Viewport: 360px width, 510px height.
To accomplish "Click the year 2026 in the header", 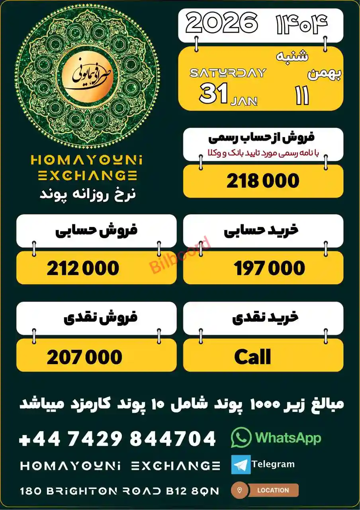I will tap(221, 23).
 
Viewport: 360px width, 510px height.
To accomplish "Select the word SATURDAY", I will tap(228, 73).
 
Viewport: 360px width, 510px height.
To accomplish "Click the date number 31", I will tap(214, 94).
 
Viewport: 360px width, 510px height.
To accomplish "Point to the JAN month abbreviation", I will tap(244, 101).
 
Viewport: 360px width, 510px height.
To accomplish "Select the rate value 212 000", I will tap(83, 268).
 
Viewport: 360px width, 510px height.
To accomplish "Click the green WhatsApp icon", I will tap(241, 437).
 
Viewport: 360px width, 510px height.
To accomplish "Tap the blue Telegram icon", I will tap(241, 465).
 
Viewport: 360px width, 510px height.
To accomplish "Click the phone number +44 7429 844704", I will tap(117, 439).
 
